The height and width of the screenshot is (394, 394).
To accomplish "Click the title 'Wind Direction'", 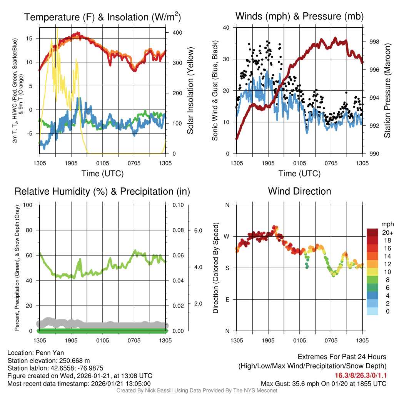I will (x=299, y=191).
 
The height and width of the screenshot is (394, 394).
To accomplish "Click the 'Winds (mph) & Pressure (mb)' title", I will (x=299, y=16).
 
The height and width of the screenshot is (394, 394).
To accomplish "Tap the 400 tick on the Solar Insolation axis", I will (x=177, y=33).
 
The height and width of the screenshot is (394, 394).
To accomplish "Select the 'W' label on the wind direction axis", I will (x=227, y=236).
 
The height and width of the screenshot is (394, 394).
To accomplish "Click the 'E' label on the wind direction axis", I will (x=227, y=299).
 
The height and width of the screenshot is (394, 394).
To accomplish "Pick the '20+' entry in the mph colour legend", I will (x=387, y=232).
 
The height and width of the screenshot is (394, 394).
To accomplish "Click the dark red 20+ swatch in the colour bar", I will (x=373, y=232).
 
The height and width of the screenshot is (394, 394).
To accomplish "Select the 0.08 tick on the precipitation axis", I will (x=177, y=230).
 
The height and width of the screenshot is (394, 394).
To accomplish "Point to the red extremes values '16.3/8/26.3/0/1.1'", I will (x=361, y=375).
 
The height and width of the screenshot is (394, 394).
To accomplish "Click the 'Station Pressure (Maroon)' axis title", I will (x=387, y=91).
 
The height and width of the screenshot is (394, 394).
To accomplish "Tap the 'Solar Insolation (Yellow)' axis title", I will (x=190, y=91).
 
